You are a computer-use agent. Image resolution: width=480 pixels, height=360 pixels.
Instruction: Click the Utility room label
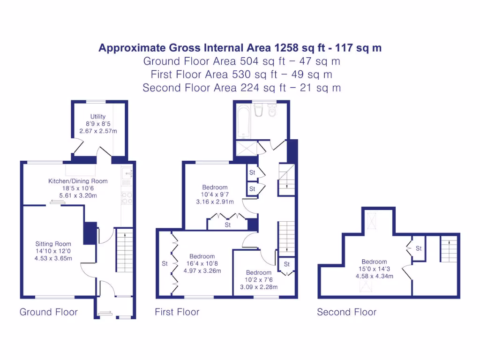point(98,117)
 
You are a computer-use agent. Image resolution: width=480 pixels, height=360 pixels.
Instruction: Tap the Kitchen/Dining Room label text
point(78,181)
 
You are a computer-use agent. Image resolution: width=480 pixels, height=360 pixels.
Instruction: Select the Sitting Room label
point(53,244)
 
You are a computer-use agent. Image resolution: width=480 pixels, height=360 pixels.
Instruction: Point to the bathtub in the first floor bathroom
point(243,121)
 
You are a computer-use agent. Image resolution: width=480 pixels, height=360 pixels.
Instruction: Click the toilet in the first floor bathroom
point(271,111)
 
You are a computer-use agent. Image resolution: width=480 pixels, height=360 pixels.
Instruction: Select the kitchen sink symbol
point(128,174)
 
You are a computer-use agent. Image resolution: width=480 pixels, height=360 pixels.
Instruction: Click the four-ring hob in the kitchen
point(127,197)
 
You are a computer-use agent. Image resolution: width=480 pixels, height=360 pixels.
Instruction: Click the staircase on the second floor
point(448,250)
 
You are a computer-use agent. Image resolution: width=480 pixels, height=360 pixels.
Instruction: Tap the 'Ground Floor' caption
point(49,312)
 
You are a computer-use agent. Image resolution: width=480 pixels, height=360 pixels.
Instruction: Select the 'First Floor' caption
point(177,312)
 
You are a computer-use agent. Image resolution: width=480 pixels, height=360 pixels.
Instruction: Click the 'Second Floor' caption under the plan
point(347,312)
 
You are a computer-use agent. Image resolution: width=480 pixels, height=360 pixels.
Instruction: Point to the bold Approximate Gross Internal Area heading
point(240,48)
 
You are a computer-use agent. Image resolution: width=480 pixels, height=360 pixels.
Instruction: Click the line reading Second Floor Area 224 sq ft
point(241,88)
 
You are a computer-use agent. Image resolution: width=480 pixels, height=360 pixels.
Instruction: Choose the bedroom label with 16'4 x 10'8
point(202,263)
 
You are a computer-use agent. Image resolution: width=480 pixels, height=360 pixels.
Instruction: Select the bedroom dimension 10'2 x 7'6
point(259,280)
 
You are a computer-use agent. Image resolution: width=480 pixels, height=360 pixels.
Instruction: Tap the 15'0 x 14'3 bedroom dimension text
point(374,269)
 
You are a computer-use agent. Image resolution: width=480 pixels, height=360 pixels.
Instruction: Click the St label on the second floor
point(419,248)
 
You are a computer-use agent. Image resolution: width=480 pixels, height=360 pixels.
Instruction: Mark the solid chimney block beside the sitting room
point(90,233)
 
